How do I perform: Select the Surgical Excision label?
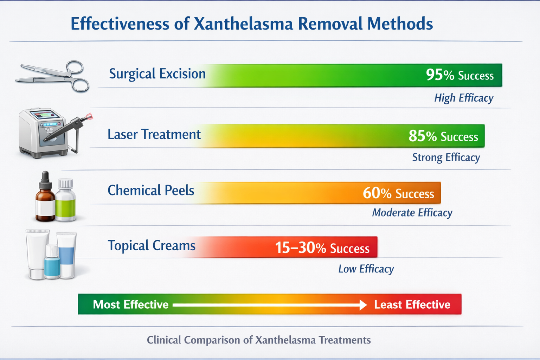click(157, 74)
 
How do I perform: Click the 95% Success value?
click(459, 75)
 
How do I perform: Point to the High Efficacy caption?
click(463, 98)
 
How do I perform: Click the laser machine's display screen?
click(44, 115)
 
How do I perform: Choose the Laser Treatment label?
click(154, 134)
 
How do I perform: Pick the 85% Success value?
click(443, 136)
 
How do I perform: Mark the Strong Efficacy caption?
click(446, 157)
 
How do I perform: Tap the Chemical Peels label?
click(151, 190)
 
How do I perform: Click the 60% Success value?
click(398, 193)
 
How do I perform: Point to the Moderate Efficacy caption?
click(412, 213)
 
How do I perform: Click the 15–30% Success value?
click(322, 248)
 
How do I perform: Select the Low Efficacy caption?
click(366, 269)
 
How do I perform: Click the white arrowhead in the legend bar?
click(363, 305)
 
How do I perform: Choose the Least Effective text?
click(412, 304)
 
